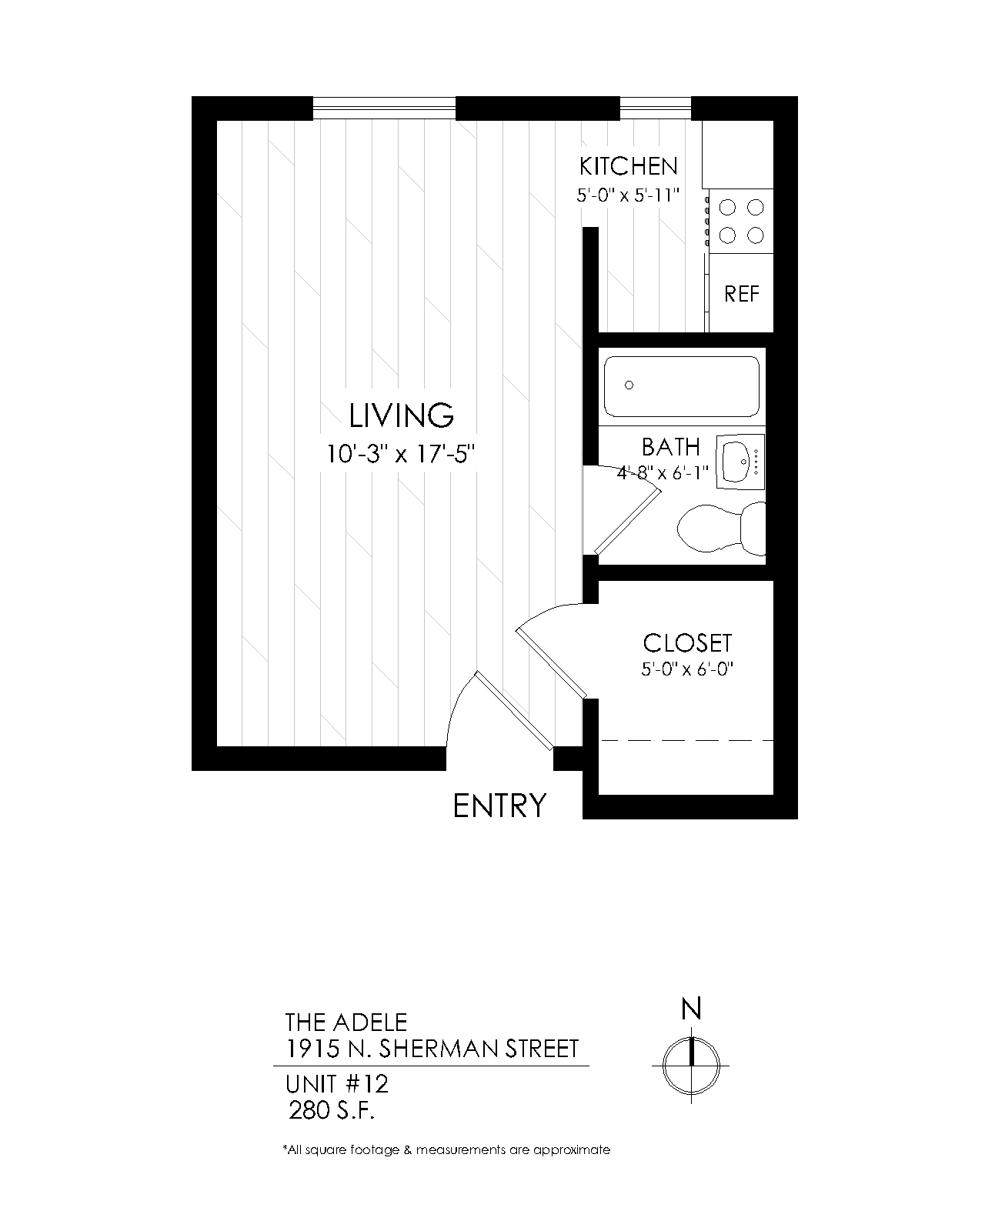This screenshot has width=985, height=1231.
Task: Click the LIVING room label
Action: [401, 416]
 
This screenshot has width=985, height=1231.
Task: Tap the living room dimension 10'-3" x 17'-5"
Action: [401, 454]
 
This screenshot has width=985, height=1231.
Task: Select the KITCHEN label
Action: [629, 166]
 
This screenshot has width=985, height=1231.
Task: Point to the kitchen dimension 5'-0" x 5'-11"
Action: [628, 195]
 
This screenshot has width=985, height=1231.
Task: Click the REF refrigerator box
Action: [741, 293]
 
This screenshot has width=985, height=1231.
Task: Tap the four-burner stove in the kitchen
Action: [741, 222]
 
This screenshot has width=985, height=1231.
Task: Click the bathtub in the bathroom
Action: [682, 387]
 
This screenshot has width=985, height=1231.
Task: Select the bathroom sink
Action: [740, 461]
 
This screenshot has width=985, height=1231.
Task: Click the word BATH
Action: [670, 447]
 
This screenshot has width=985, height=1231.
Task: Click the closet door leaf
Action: [552, 663]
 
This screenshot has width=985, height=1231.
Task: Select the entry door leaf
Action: [515, 710]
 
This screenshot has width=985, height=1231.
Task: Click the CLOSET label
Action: [687, 643]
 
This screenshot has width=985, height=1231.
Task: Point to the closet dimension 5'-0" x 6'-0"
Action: [687, 669]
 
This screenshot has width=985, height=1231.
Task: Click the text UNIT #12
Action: [337, 1084]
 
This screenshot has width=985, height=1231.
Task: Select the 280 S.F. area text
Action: [332, 1111]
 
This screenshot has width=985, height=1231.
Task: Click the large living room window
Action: [384, 108]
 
